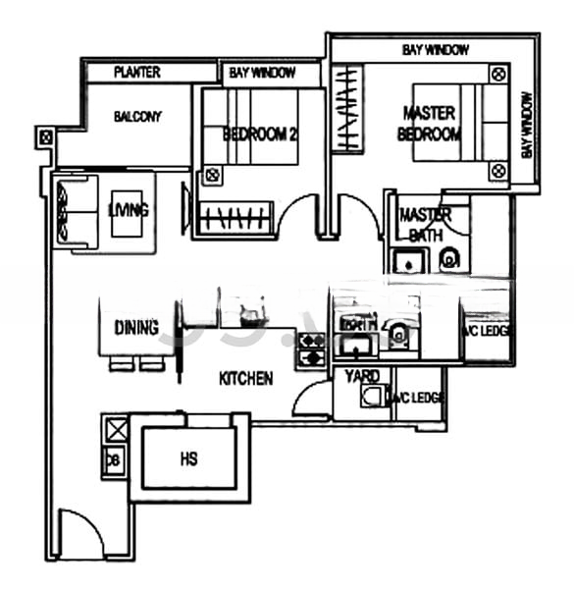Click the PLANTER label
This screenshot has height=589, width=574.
click(136, 73)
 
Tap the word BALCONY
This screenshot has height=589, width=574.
click(137, 117)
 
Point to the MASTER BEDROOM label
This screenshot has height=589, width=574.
click(429, 124)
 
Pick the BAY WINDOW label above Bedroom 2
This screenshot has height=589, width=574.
click(259, 73)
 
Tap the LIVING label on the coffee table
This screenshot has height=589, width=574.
click(129, 210)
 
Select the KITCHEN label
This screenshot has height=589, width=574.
click(245, 378)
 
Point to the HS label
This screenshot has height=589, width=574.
click(190, 458)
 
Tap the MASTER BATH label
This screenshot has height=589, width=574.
click(425, 223)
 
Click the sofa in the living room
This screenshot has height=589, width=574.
click(74, 211)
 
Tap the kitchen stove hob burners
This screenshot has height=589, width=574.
click(311, 349)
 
